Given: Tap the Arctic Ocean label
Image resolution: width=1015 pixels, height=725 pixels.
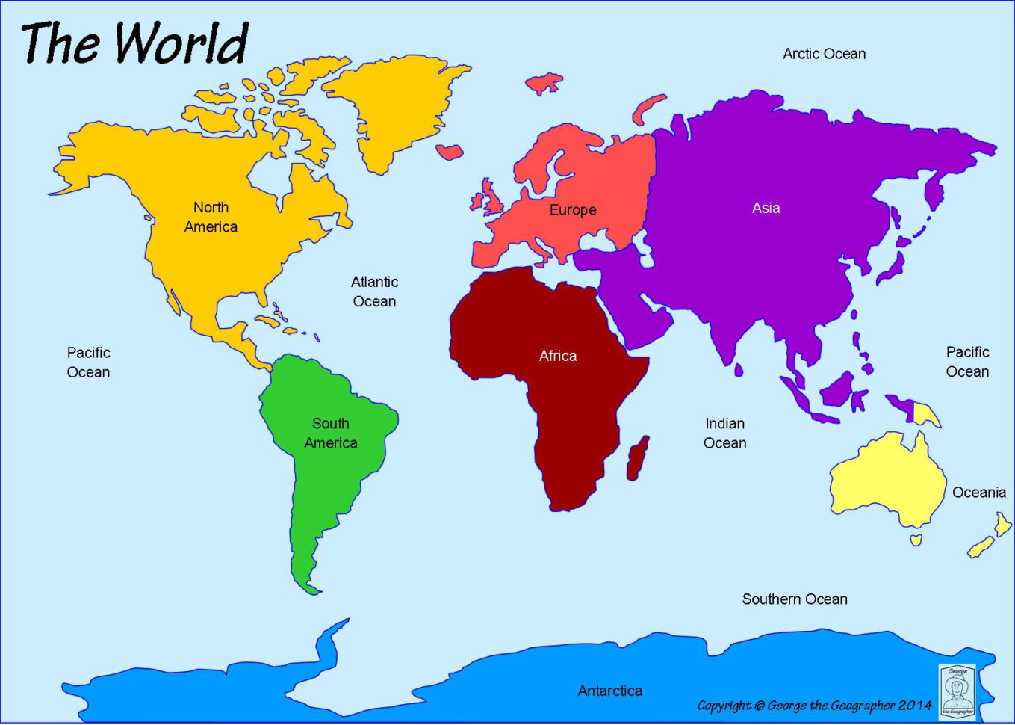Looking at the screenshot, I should [x=824, y=54].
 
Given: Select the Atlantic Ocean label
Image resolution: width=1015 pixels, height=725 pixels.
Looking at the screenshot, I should [x=374, y=291].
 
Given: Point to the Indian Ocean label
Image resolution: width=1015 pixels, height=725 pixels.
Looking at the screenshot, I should [x=724, y=434].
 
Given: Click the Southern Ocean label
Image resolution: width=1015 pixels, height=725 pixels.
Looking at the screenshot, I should [x=794, y=599].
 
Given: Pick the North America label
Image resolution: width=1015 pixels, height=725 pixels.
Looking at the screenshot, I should [x=211, y=217].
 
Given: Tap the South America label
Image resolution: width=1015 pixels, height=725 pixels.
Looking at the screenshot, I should [x=330, y=434].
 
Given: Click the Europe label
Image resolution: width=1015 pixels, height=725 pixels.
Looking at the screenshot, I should [x=573, y=210].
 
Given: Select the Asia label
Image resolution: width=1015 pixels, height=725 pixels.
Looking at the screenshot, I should [x=766, y=208].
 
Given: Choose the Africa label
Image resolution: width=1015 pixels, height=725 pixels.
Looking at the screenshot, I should [x=558, y=356].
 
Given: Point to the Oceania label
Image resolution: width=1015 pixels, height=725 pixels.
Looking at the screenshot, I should [x=978, y=493].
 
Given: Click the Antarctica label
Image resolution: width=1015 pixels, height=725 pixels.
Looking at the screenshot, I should [x=609, y=691].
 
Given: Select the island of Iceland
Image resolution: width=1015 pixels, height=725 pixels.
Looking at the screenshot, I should [x=450, y=152].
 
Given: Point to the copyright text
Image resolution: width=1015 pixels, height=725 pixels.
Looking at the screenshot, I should [x=814, y=705].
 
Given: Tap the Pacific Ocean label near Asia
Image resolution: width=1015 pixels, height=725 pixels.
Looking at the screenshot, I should [x=967, y=362].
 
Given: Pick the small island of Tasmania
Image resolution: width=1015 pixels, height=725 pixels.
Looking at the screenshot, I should [x=916, y=539].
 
